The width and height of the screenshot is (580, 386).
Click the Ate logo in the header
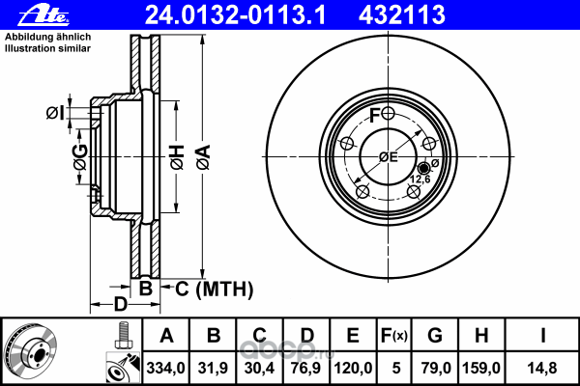coord(44,15)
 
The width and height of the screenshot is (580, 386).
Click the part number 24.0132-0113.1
coord(235,15)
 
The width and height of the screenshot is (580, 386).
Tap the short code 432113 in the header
coord(402,15)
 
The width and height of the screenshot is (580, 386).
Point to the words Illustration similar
coord(47,48)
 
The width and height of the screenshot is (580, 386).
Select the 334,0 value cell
coord(165,368)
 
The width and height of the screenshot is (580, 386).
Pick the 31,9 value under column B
coord(213,368)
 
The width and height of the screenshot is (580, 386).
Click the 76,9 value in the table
coord(306,368)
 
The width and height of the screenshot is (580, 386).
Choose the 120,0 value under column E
coord(353,368)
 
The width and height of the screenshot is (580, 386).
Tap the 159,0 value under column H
coord(481,368)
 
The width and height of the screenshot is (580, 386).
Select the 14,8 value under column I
coord(542,368)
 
